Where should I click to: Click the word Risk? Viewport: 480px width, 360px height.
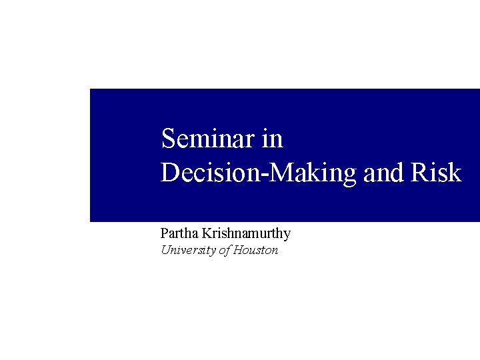pos(436,173)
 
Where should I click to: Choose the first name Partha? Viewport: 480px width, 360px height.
pos(177,234)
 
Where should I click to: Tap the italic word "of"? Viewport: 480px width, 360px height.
pos(224,251)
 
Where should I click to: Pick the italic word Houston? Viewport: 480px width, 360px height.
pos(255,251)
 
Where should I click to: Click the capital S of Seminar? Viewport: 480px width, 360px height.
pos(169,139)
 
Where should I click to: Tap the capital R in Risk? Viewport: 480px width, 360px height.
pos(419,173)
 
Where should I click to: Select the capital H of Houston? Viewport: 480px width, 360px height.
pos(237,251)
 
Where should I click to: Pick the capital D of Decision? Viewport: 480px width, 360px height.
pos(170,173)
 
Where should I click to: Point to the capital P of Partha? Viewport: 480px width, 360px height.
pos(164,233)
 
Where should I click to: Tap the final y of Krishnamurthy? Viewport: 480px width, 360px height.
pos(287,235)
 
